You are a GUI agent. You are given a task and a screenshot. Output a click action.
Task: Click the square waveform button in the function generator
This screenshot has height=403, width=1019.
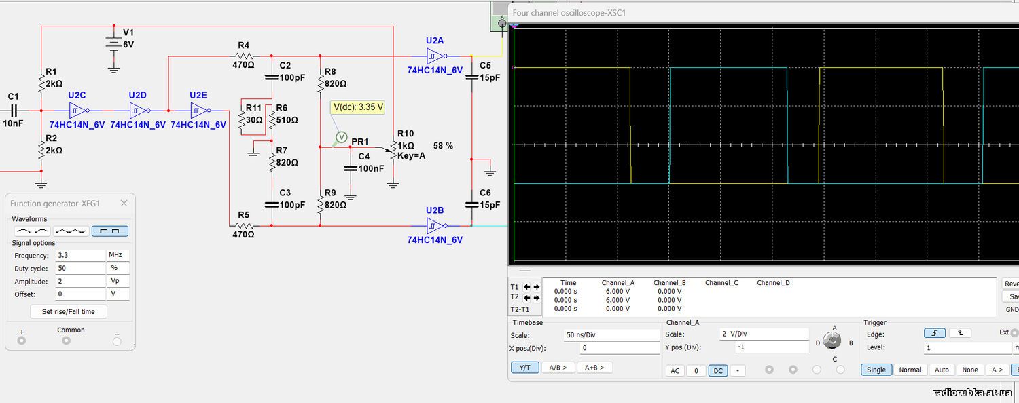click(x=110, y=231)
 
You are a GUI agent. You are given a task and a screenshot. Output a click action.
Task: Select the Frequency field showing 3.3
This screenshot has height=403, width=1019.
click(x=81, y=255)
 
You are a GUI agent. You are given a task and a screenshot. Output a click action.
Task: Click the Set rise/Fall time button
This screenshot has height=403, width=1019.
click(x=68, y=311)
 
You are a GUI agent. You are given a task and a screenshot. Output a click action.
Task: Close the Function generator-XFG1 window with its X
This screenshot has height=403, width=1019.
click(x=124, y=204)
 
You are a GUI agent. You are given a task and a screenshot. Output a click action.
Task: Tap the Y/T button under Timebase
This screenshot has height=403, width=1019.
click(x=525, y=368)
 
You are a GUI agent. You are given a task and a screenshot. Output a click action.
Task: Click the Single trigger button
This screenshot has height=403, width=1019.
click(x=876, y=370)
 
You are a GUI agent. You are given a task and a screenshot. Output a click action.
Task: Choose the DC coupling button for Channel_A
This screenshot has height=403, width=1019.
click(x=718, y=370)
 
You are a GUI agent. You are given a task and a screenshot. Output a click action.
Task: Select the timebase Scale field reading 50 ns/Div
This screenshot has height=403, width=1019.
click(x=611, y=335)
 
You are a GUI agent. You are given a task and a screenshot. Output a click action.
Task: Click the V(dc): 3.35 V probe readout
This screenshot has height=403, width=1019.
click(x=358, y=107)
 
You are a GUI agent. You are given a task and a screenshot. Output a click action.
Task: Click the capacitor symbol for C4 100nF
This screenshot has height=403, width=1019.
click(x=351, y=168)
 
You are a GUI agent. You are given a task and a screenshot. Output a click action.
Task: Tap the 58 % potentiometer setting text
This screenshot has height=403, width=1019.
click(x=443, y=146)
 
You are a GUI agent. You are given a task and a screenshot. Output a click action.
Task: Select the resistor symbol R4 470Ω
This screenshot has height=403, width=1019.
click(x=245, y=56)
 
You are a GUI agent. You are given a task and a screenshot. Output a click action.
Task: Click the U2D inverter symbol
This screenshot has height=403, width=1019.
click(x=139, y=111)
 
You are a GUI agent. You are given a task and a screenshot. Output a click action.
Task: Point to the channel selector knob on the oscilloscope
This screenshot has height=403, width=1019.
click(x=832, y=341)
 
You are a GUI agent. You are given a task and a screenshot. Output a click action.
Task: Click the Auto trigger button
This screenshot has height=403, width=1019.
click(x=942, y=370)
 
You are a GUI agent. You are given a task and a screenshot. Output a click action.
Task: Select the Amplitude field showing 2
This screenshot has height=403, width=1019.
click(x=81, y=282)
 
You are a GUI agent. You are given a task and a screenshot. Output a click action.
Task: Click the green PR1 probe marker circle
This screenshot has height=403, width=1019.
click(x=341, y=137)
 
